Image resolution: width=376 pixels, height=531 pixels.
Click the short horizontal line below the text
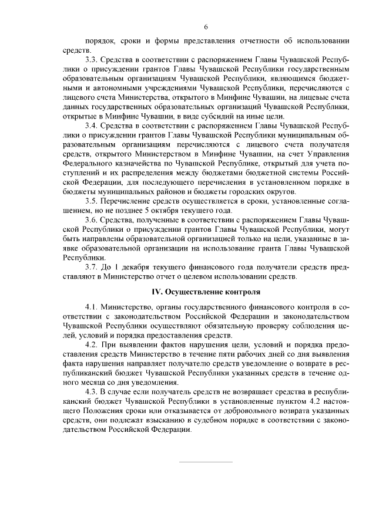pyautogui.click(x=205, y=462)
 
